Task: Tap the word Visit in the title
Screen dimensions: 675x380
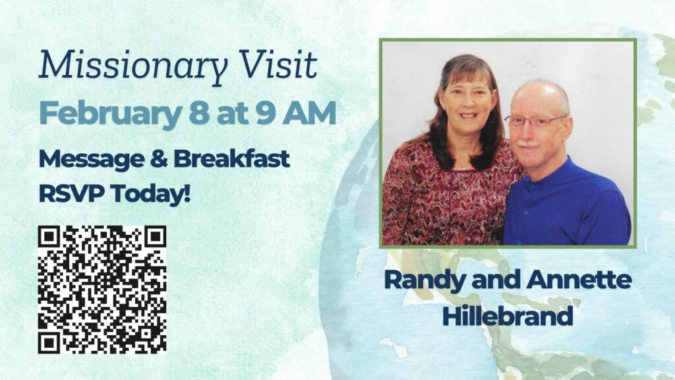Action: click(279, 64)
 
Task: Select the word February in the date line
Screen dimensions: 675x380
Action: click(110, 114)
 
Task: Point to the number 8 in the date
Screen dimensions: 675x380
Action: click(199, 113)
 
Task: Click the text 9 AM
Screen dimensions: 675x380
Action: click(296, 113)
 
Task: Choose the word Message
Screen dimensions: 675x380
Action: click(91, 160)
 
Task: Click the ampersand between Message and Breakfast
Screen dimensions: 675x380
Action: click(159, 158)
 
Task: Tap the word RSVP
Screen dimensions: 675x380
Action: click(71, 193)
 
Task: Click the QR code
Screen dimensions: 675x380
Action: click(102, 290)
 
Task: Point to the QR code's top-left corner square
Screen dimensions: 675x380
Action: click(49, 237)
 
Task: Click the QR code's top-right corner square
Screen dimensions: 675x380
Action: click(154, 237)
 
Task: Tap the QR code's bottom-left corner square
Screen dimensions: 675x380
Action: click(49, 342)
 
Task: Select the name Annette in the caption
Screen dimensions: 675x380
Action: click(579, 279)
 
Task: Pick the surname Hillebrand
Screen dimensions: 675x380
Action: click(508, 316)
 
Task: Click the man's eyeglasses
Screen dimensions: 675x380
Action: click(535, 121)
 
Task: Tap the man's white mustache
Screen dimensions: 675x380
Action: click(528, 144)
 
